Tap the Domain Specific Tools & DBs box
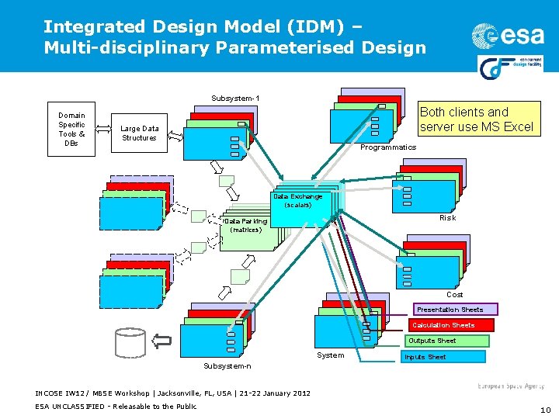(71, 130)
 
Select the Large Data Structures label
(140, 133)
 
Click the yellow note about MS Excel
(477, 119)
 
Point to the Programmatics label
(389, 147)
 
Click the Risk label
(447, 218)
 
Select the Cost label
(455, 295)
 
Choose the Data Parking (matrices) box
(246, 227)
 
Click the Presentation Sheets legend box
(450, 310)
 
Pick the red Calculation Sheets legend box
(443, 325)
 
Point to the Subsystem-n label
(227, 365)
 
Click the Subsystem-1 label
(235, 99)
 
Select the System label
(331, 355)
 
